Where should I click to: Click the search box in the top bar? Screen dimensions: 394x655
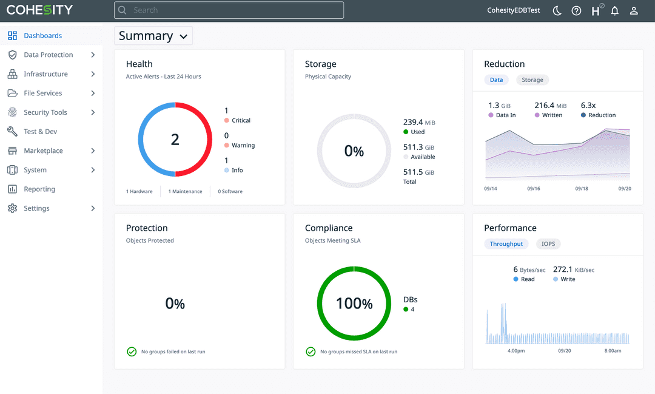click(229, 10)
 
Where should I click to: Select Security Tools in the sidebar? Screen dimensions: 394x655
click(45, 112)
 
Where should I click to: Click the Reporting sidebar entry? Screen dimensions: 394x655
click(39, 189)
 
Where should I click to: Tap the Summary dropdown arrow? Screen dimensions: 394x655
click(183, 36)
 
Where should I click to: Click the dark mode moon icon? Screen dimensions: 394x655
click(557, 11)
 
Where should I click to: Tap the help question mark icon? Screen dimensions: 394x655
click(576, 11)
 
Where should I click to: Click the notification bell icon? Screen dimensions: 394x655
click(614, 11)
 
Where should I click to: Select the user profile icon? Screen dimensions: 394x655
click(634, 11)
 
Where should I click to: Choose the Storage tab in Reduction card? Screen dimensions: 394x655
click(532, 80)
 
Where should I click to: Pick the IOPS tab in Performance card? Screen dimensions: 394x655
click(548, 244)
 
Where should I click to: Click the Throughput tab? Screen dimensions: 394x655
click(506, 244)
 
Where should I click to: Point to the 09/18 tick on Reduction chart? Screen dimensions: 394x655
click(582, 189)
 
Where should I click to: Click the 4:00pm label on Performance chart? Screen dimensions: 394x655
click(516, 351)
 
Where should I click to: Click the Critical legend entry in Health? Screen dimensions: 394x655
click(241, 120)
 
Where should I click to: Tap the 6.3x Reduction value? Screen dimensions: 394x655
click(588, 106)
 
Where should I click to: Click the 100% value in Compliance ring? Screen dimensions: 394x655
click(354, 304)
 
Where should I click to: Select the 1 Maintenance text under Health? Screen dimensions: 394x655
click(185, 192)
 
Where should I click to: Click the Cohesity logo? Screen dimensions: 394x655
click(39, 10)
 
